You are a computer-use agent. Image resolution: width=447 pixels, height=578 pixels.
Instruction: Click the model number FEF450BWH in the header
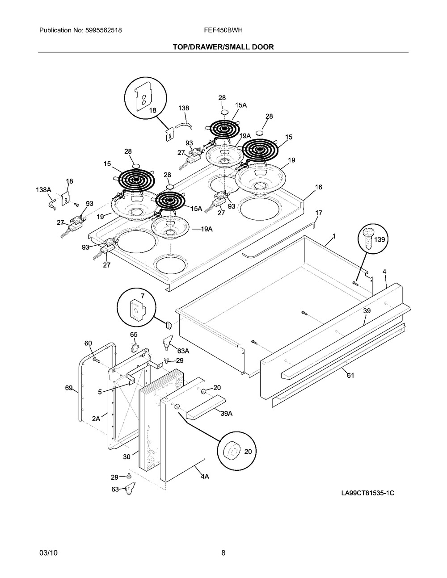tap(223, 30)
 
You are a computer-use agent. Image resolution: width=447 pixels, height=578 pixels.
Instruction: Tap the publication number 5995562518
tap(104, 30)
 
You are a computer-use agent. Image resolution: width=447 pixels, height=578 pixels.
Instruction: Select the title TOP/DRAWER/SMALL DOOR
tap(223, 47)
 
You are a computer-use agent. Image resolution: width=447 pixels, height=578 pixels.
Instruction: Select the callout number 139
tap(380, 240)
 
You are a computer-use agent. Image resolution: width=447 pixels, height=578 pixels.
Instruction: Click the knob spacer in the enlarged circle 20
tap(232, 452)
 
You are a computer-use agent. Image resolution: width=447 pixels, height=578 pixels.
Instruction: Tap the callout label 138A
tap(43, 190)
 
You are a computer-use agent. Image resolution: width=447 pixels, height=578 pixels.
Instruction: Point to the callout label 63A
tap(183, 351)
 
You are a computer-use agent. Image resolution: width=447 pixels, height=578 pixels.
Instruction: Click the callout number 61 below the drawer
tap(350, 375)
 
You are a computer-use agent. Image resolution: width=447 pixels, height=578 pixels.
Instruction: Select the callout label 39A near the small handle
tap(227, 414)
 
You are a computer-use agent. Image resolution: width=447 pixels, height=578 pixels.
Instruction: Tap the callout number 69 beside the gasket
tap(69, 388)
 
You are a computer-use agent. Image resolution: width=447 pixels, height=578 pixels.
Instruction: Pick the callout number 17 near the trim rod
tap(319, 213)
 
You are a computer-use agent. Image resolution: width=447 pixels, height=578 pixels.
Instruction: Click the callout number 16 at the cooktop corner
tap(318, 187)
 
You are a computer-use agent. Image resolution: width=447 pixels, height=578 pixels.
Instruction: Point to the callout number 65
tap(134, 335)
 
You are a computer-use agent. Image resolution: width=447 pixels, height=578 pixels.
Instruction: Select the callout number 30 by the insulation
tap(127, 457)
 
